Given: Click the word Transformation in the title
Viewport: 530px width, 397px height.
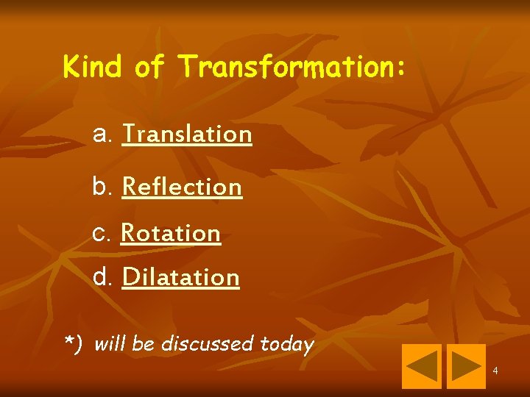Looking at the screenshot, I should [287, 67].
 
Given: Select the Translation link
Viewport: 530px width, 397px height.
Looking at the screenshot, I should [187, 135].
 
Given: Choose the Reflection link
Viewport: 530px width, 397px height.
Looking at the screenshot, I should [182, 187].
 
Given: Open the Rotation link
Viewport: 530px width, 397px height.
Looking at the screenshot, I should [171, 233].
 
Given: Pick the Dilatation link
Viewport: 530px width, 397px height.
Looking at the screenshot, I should [180, 278].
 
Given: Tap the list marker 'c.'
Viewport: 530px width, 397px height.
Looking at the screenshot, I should [103, 233].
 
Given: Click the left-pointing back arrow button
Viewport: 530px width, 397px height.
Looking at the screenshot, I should [421, 366].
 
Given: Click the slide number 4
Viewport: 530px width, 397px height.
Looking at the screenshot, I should [495, 371].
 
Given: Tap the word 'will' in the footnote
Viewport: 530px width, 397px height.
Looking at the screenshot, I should [109, 343].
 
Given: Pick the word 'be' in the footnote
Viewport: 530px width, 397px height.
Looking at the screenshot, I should [143, 343].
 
